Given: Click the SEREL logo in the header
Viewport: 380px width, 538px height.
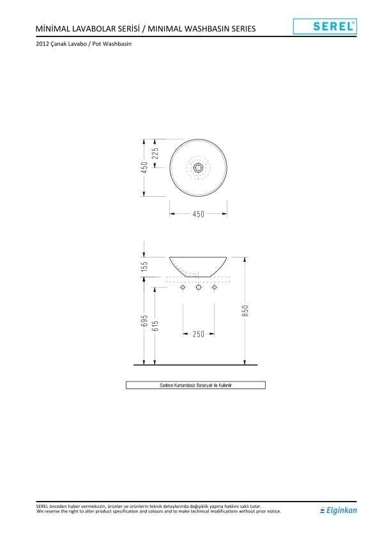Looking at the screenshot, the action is (325, 26).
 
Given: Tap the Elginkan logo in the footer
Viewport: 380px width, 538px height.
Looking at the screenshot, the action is (338, 511).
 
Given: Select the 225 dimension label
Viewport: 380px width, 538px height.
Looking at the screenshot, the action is (155, 153).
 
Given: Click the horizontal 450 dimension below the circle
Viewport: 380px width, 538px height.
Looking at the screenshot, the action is (198, 214).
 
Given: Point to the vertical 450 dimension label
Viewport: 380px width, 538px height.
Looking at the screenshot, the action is (144, 167).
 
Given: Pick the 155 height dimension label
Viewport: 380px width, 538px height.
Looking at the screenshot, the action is (144, 266).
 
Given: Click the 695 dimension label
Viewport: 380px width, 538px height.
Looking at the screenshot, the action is (144, 321).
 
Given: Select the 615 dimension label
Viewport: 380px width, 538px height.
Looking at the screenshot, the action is (155, 326).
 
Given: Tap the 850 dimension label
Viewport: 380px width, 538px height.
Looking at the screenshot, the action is (245, 311).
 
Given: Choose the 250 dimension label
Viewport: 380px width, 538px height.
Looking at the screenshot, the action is (198, 334).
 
